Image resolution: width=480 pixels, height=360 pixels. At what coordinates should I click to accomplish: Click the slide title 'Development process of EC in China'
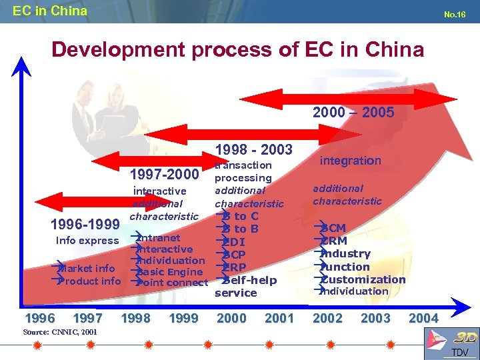point(237,50)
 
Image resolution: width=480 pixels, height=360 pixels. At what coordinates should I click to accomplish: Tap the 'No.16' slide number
point(455,14)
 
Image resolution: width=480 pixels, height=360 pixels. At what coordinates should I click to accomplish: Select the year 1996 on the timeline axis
point(39,319)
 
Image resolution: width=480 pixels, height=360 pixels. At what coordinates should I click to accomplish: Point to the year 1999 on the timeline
point(183,319)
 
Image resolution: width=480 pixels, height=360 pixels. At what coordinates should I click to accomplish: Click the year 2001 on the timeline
point(279,319)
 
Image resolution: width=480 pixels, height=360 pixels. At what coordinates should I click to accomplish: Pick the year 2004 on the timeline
point(423,319)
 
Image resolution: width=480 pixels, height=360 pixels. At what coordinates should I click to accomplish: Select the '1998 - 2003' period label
point(253,151)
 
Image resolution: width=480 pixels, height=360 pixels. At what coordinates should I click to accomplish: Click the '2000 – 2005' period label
point(353,113)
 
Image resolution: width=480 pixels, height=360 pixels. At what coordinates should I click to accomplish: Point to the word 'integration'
point(351,161)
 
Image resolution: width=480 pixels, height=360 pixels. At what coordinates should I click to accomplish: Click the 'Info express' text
point(87,241)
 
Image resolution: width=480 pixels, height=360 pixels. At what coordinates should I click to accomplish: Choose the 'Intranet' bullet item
point(159,238)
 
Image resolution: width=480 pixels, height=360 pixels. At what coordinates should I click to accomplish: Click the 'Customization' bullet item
point(363,279)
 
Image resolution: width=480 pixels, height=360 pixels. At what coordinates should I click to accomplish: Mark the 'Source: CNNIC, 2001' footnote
point(60,331)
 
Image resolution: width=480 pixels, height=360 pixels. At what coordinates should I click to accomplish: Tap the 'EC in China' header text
point(50,11)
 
